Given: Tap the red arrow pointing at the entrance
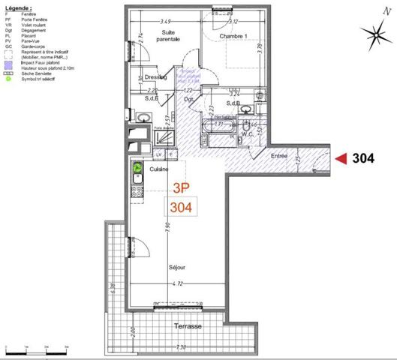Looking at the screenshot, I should [x=341, y=158].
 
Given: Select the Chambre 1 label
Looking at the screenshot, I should [x=234, y=35].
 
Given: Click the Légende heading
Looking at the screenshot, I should [x=19, y=4].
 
